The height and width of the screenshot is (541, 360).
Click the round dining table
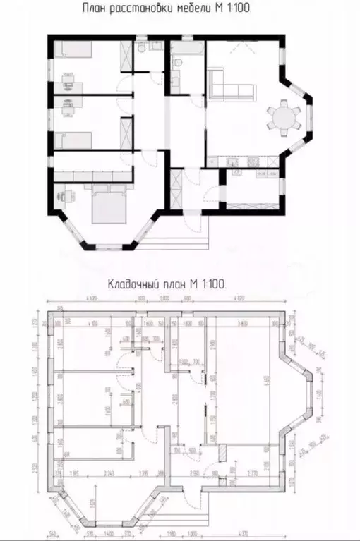pos(282,116)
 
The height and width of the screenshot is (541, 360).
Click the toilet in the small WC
pos(141,47)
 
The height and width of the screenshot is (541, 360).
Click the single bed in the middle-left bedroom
pos(73,138)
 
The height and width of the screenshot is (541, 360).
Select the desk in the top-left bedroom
pos(68,85)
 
